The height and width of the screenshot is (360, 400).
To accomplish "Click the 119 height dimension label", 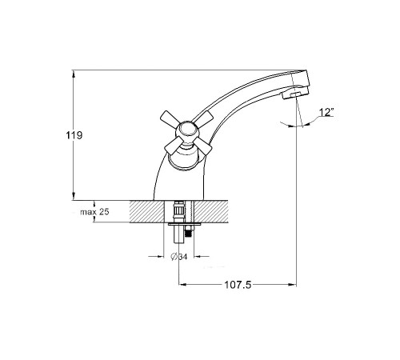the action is click(x=74, y=135).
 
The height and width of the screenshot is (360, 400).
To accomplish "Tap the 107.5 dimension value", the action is click(x=238, y=285).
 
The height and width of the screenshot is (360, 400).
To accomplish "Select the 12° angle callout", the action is click(x=326, y=113).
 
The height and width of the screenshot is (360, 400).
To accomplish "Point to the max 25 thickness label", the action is click(x=94, y=212).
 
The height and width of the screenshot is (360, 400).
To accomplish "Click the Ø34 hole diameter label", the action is click(x=179, y=257).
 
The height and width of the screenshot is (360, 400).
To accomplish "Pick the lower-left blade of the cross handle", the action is click(x=172, y=146).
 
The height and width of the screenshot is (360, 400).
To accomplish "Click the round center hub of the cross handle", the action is click(x=188, y=131).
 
